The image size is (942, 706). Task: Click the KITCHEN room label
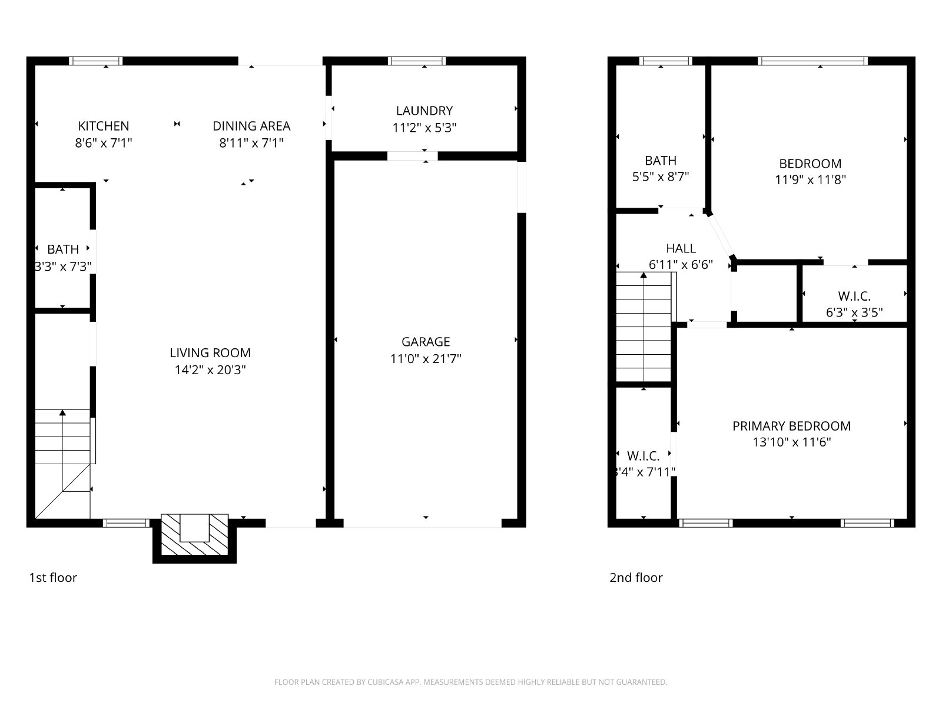tap(104, 126)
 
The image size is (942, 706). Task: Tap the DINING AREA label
tap(251, 126)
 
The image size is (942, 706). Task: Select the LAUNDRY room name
tap(424, 111)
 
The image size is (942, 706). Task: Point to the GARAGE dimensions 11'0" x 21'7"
tap(425, 358)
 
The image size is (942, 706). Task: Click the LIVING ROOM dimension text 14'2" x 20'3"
tap(210, 369)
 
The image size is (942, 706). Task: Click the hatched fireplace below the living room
tap(194, 534)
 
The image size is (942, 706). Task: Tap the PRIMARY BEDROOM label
tap(791, 426)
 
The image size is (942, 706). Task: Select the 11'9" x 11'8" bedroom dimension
tap(810, 179)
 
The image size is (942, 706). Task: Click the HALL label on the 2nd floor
tap(681, 248)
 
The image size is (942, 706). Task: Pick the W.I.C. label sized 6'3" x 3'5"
tap(854, 296)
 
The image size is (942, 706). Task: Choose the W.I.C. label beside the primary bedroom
tap(643, 455)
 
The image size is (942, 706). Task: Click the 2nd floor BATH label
tap(661, 161)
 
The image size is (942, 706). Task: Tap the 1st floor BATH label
tap(62, 249)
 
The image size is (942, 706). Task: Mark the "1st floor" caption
tap(53, 577)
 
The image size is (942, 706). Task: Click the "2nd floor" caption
tap(636, 577)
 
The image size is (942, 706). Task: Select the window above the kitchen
tap(96, 61)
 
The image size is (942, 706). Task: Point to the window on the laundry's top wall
tap(417, 61)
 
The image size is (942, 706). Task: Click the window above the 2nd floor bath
tap(666, 61)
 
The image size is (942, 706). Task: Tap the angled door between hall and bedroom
tap(721, 235)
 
